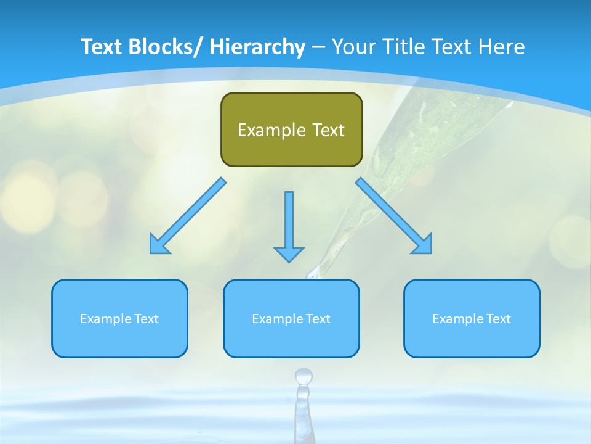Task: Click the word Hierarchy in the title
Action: click(x=257, y=47)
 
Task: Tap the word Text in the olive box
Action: click(x=327, y=130)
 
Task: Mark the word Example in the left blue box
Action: click(x=106, y=319)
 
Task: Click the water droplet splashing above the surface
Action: click(x=304, y=376)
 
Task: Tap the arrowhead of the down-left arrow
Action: click(x=158, y=244)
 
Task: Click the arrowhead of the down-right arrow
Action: click(x=423, y=244)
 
